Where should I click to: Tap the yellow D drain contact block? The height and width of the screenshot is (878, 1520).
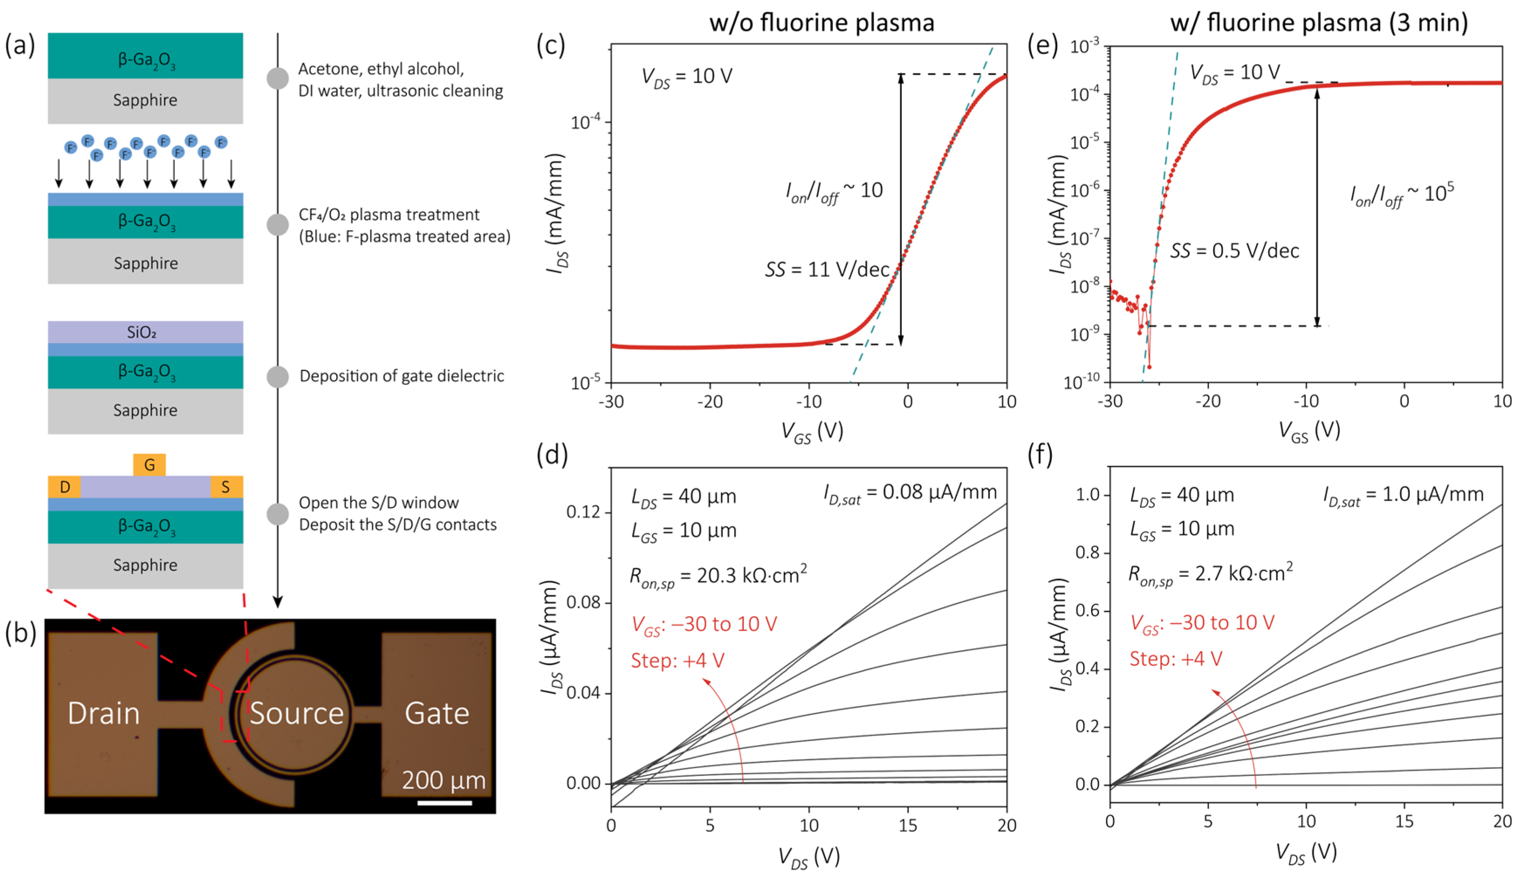point(65,487)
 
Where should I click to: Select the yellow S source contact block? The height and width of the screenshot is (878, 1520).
point(226,487)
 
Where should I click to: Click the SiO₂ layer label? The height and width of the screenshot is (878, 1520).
point(142,332)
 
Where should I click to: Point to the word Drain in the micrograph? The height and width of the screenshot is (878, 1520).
point(104,713)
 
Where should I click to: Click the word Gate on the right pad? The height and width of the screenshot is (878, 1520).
point(437,713)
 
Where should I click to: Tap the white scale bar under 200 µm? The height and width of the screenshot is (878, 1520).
point(444,803)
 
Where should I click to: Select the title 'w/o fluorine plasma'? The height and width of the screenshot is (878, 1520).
point(822,23)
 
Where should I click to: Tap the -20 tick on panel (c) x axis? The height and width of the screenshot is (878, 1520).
point(709,401)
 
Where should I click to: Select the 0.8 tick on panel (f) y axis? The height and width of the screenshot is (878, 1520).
point(1089,553)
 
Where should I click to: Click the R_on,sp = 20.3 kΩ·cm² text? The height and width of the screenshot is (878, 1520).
point(718,576)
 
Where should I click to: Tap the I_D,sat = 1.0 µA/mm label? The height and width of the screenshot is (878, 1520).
point(1403,495)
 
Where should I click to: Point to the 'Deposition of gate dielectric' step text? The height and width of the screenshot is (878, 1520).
point(401,376)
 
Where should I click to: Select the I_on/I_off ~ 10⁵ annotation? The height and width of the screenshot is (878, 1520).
point(1402,194)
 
